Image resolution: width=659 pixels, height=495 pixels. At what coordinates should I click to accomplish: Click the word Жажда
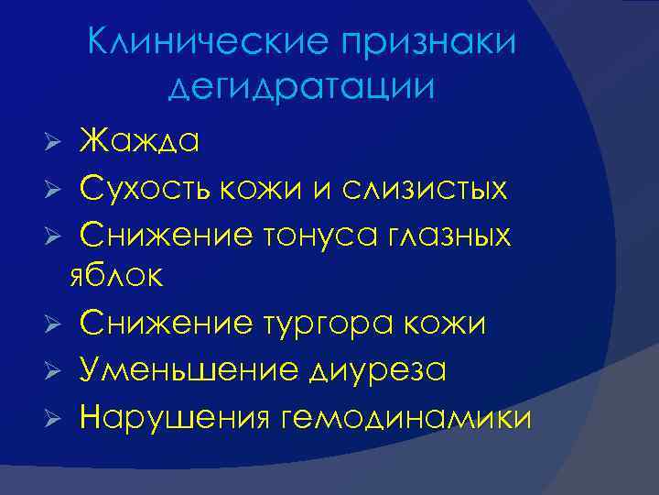(141, 141)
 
